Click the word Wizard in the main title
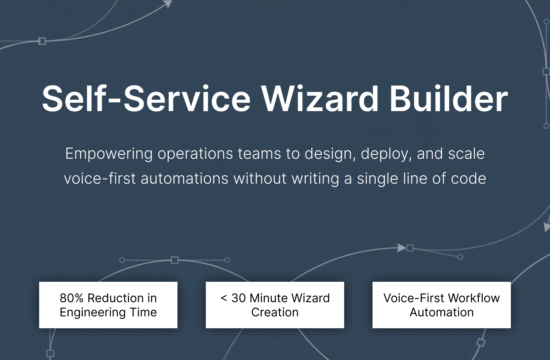320,99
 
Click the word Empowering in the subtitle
109,154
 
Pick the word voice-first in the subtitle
100,179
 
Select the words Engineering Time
108,312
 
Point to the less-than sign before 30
224,298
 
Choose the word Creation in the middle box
275,312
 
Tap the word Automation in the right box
442,312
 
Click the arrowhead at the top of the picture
168,4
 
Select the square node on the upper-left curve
42,41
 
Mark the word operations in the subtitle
195,154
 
